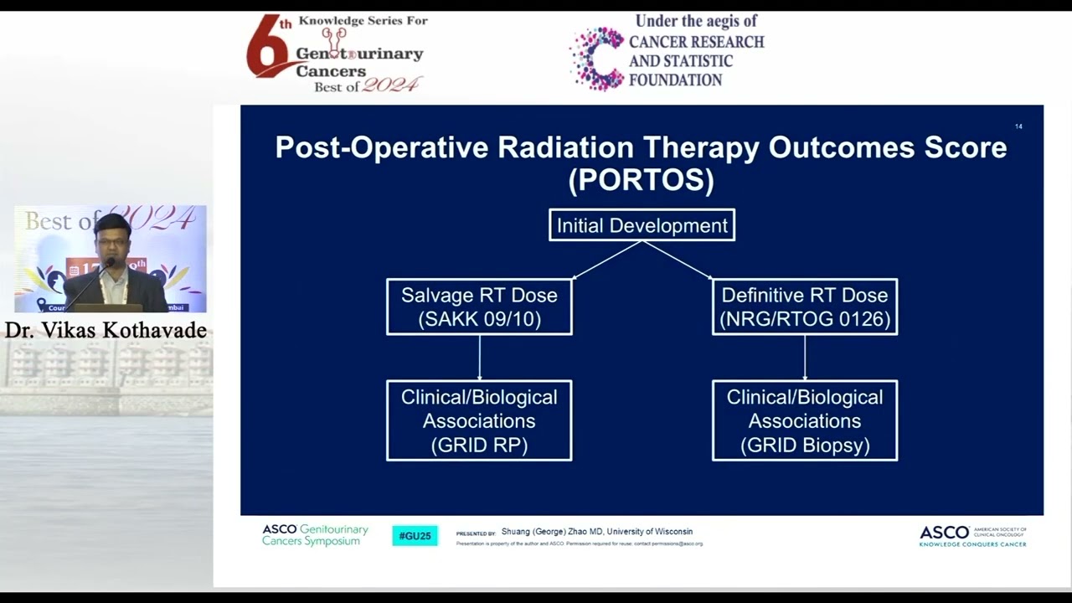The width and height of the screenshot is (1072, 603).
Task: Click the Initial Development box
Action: tap(642, 225)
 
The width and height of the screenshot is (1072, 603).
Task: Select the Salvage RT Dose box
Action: tap(479, 307)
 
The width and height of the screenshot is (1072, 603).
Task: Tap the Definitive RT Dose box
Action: tap(804, 307)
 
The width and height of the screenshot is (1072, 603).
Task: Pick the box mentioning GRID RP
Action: tap(479, 420)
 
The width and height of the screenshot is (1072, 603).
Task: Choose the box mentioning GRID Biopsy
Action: tap(804, 420)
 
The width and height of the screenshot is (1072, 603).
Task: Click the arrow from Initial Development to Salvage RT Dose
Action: tap(606, 260)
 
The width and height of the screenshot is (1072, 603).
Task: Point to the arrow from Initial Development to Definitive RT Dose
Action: tap(678, 260)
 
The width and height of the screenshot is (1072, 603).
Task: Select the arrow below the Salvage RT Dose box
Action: tap(479, 358)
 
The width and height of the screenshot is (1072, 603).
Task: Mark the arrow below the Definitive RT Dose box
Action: tap(805, 358)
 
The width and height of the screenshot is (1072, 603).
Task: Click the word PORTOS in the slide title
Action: tap(642, 181)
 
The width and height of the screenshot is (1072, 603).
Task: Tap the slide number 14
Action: tap(1018, 126)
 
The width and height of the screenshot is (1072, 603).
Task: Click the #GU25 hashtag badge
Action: tap(415, 536)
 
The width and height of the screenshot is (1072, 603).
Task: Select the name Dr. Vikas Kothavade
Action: tap(106, 330)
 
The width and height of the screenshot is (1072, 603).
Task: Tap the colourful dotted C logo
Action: tap(597, 58)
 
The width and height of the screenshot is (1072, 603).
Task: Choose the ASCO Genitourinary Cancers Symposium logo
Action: tap(315, 535)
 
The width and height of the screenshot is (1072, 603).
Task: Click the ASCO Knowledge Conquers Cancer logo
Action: tap(972, 536)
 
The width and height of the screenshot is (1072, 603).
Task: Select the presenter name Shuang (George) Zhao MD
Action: tap(552, 532)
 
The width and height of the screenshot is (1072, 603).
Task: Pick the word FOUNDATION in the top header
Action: tap(675, 80)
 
